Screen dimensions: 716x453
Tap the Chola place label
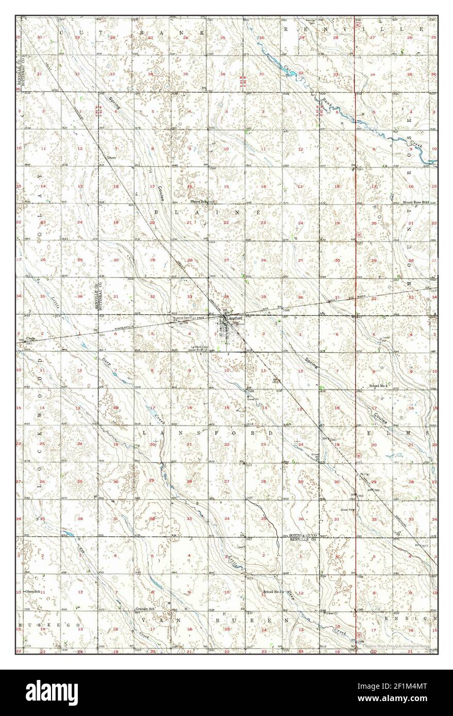tap(30, 338)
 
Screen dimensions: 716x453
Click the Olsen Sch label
tap(32, 592)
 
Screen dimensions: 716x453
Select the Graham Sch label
tap(145, 609)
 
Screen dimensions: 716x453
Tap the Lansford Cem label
tap(204, 347)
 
